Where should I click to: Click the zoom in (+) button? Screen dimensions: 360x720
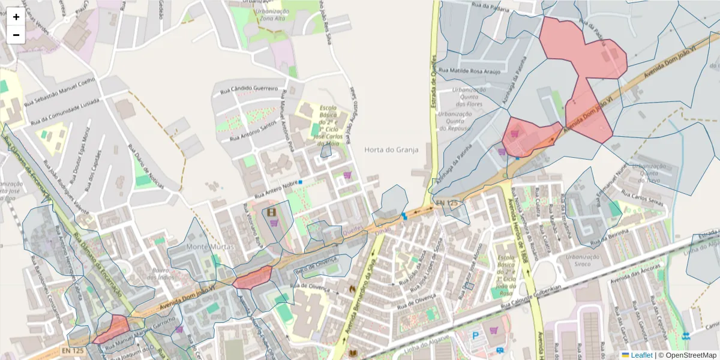tap(16, 17)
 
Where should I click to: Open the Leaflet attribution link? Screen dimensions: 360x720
tap(641, 355)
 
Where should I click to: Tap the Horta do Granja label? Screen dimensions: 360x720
tap(391, 150)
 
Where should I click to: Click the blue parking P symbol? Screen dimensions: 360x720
tap(476, 336)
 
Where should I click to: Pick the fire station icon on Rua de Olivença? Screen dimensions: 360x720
tap(352, 289)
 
